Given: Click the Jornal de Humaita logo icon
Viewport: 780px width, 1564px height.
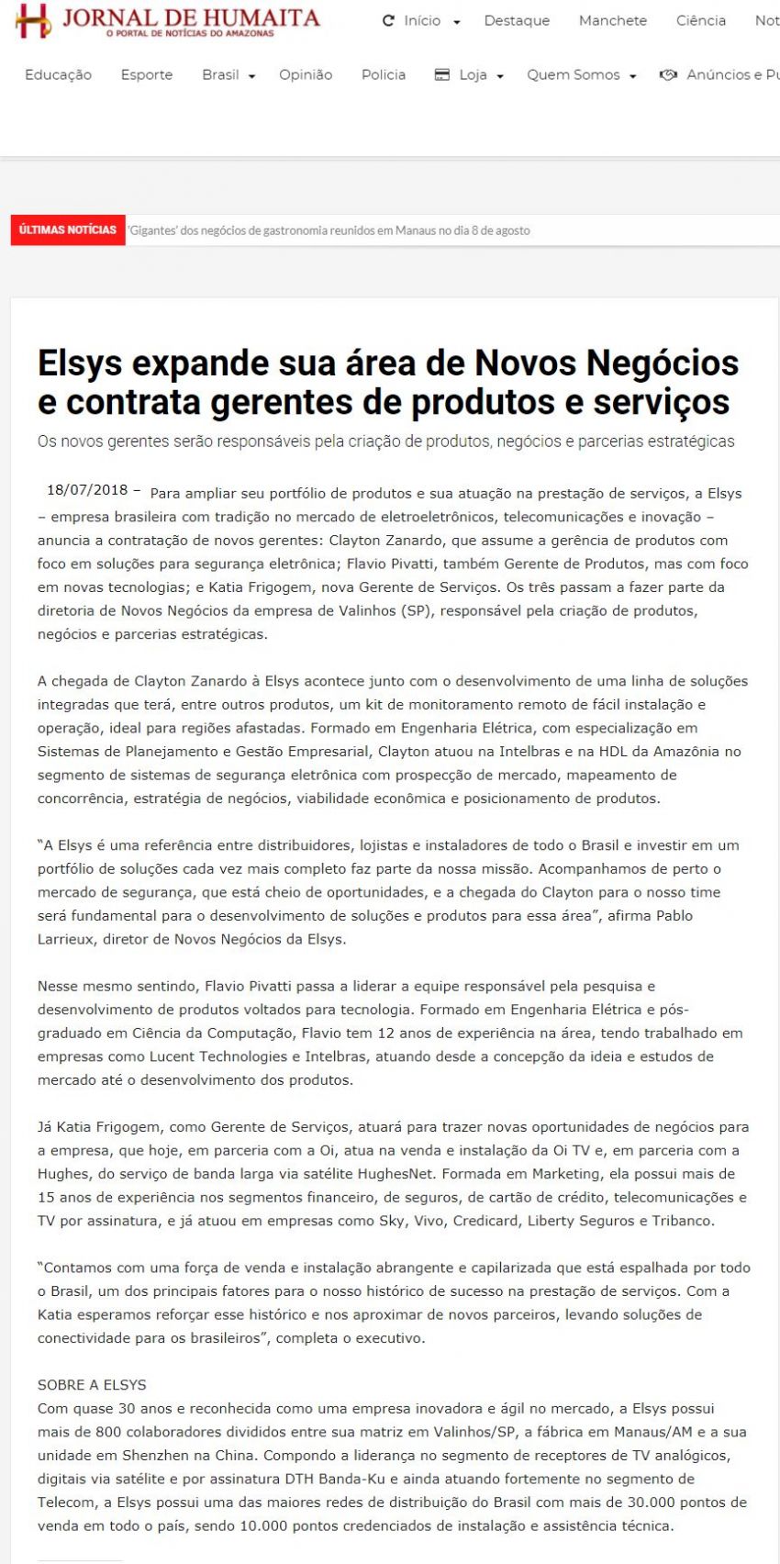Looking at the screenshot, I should tap(33, 20).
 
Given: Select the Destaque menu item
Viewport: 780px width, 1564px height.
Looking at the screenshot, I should tap(517, 20).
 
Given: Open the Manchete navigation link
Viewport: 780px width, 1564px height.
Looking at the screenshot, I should tap(612, 20).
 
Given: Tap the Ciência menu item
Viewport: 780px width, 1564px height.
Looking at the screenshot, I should tap(700, 20).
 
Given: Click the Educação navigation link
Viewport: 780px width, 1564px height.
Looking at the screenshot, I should tap(58, 74).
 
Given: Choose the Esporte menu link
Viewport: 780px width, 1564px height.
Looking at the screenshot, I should tap(146, 74).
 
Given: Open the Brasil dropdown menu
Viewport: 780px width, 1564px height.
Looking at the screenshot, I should tap(228, 74).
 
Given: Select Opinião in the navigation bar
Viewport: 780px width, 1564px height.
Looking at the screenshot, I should tap(306, 74).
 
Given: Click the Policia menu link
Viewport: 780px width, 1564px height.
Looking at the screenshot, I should tap(383, 74).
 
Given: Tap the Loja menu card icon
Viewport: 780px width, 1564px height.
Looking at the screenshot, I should tap(441, 74).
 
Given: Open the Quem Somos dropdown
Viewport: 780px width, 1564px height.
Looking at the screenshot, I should tap(581, 74).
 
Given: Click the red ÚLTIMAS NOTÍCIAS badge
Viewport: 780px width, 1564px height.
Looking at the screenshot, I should tap(67, 229).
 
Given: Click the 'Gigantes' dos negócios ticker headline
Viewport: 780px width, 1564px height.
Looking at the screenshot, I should tap(329, 230).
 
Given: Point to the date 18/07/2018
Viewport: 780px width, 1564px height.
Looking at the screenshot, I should tap(87, 490).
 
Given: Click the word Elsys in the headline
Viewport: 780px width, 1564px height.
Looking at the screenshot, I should tap(80, 363).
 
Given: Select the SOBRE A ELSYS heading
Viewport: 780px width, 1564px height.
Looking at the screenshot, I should tap(92, 1384).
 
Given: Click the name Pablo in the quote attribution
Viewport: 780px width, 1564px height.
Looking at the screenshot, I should tap(674, 915).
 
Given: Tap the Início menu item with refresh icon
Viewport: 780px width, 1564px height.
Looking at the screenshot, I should tap(421, 20).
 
